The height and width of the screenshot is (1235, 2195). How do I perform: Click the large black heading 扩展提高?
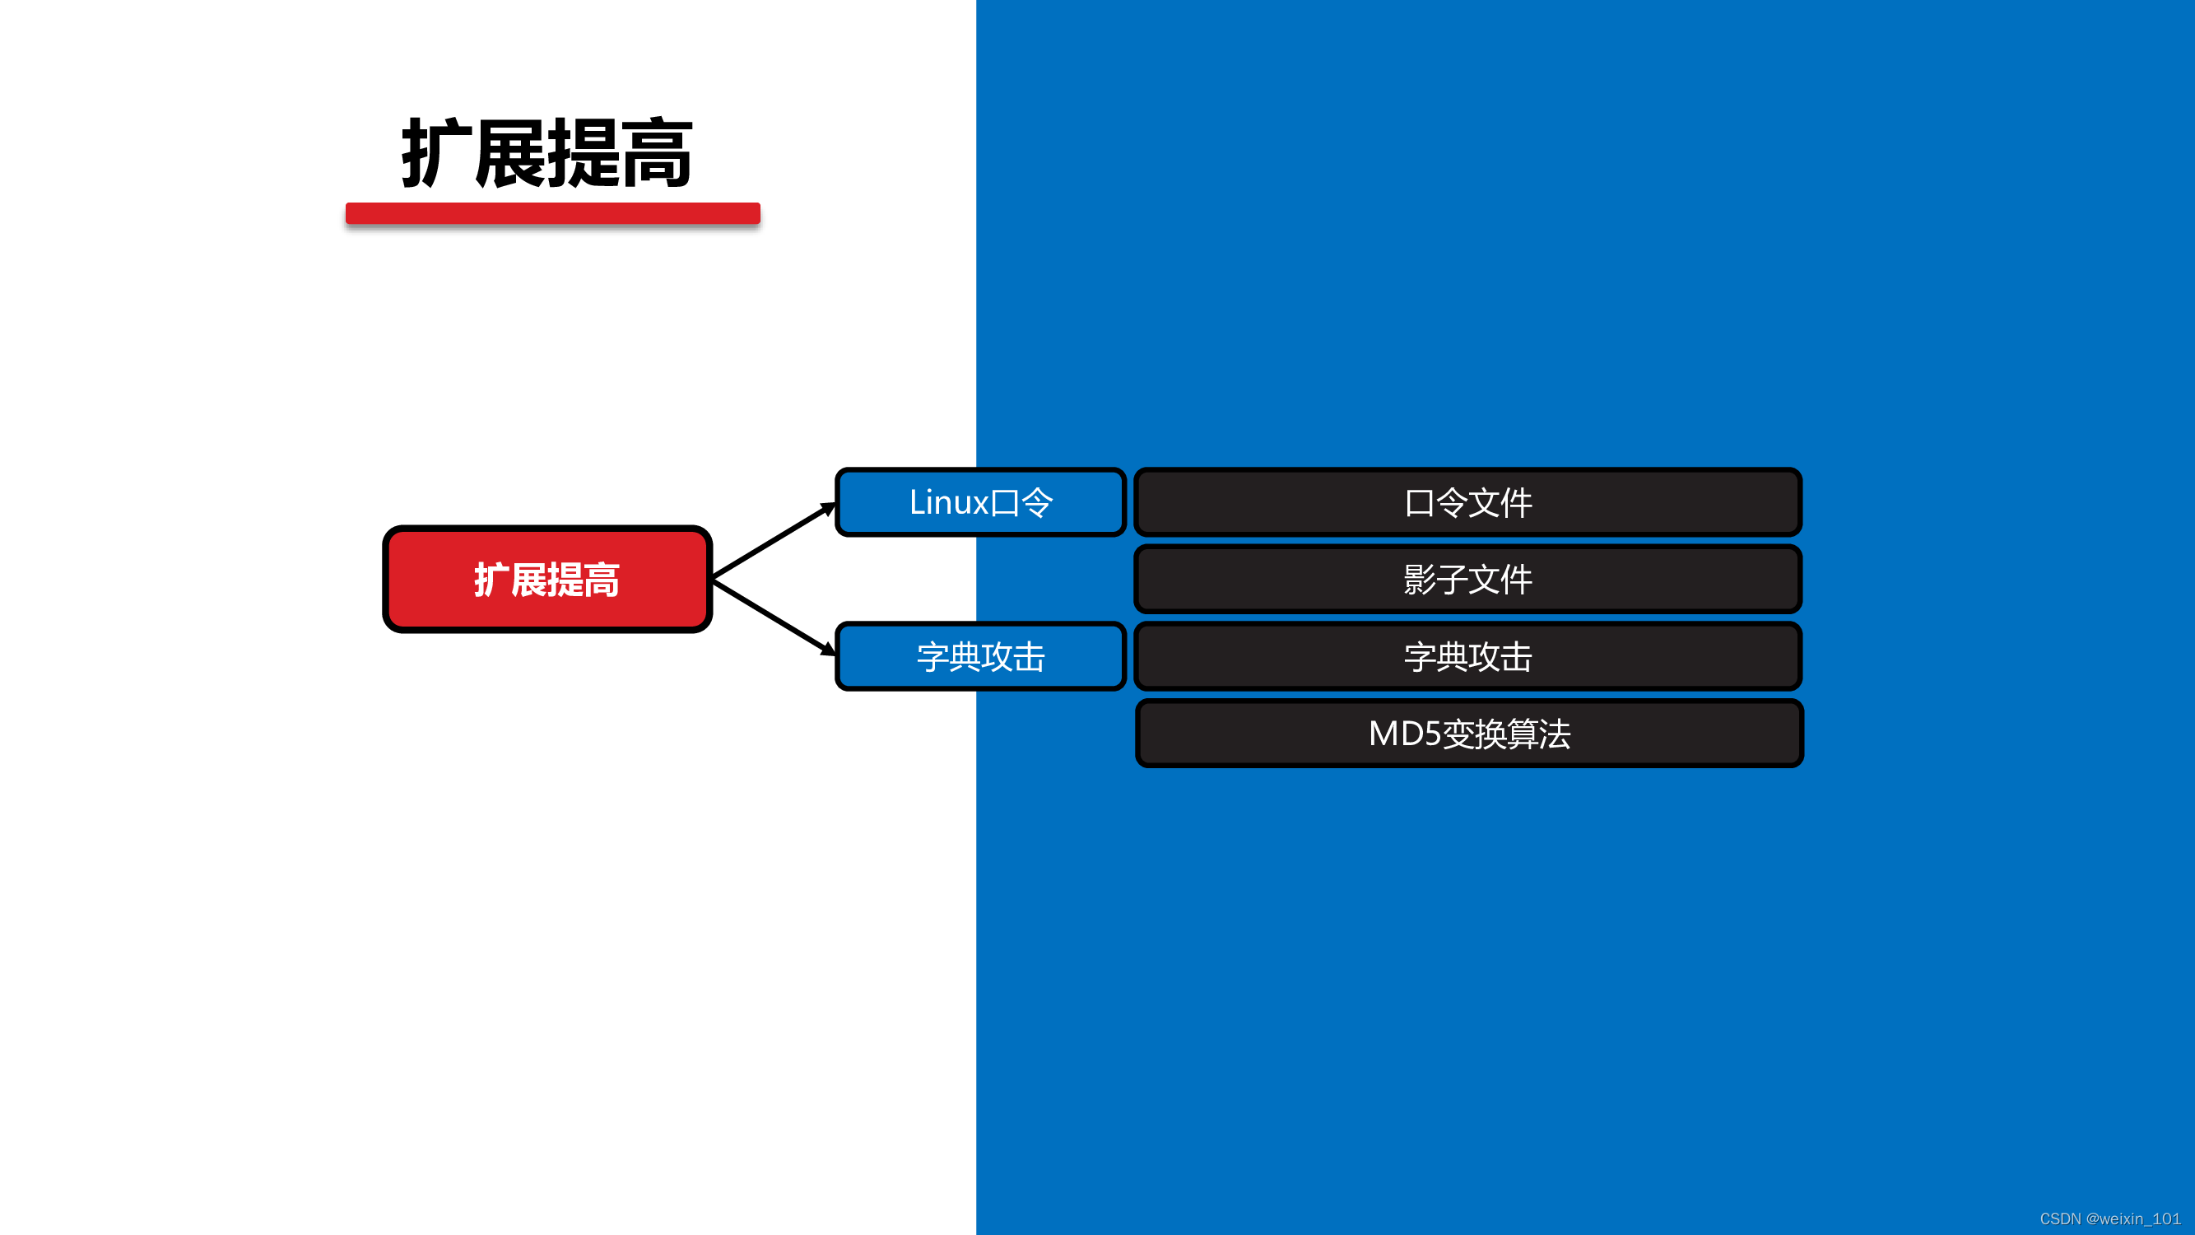(x=547, y=153)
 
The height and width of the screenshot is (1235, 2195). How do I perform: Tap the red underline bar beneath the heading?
(x=552, y=213)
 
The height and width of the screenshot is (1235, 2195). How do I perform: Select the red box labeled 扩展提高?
(x=547, y=580)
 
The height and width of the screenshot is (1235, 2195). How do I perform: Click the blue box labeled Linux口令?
(x=980, y=502)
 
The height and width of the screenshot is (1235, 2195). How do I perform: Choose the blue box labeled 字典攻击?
(x=980, y=656)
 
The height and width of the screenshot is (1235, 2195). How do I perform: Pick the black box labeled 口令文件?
(x=1467, y=502)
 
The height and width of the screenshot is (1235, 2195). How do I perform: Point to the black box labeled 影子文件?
(x=1467, y=580)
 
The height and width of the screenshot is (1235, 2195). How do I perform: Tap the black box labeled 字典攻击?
(x=1467, y=656)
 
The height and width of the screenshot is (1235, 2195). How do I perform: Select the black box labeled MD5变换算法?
(x=1469, y=733)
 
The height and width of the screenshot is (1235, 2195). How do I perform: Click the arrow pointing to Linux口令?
(x=771, y=541)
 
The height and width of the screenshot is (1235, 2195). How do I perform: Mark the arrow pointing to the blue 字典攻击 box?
(x=771, y=617)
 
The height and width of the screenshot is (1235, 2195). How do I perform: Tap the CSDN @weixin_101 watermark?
(x=2109, y=1219)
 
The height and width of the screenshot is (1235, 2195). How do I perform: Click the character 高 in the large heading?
(x=657, y=153)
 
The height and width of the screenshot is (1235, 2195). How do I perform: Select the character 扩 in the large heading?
(x=436, y=153)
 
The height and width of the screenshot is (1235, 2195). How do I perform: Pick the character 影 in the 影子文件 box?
(x=1420, y=580)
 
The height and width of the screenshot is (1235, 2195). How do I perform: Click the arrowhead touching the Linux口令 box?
(x=826, y=509)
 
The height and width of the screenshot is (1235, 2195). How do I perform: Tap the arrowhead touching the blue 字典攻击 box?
(x=826, y=650)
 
